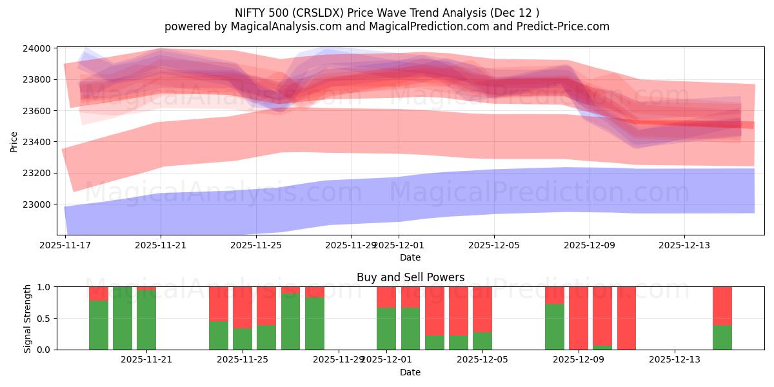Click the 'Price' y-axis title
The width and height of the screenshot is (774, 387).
[x=14, y=141]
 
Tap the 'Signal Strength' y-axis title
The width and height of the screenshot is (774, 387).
[x=27, y=318]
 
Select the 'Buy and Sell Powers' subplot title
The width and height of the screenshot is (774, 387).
[x=410, y=278]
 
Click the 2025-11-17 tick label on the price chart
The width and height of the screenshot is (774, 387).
[x=65, y=246]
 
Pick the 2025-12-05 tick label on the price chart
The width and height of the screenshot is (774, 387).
[x=494, y=246]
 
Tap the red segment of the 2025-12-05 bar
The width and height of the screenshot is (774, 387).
[x=482, y=308]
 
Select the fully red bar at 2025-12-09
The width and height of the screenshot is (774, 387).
[x=579, y=318]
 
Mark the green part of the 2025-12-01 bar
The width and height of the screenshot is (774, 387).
[x=386, y=328]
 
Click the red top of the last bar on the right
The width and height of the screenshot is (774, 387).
[x=722, y=305]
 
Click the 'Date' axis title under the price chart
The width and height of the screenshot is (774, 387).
[x=410, y=258]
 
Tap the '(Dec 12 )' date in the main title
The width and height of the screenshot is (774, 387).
[x=514, y=12]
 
